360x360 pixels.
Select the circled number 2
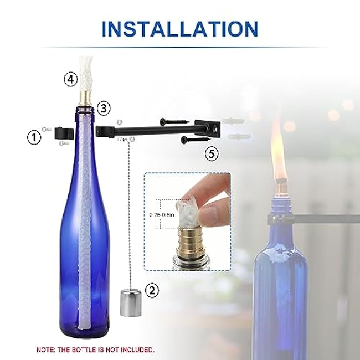151,289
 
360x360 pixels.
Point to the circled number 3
102,109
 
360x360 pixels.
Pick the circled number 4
70,80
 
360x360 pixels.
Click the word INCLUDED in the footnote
136,350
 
